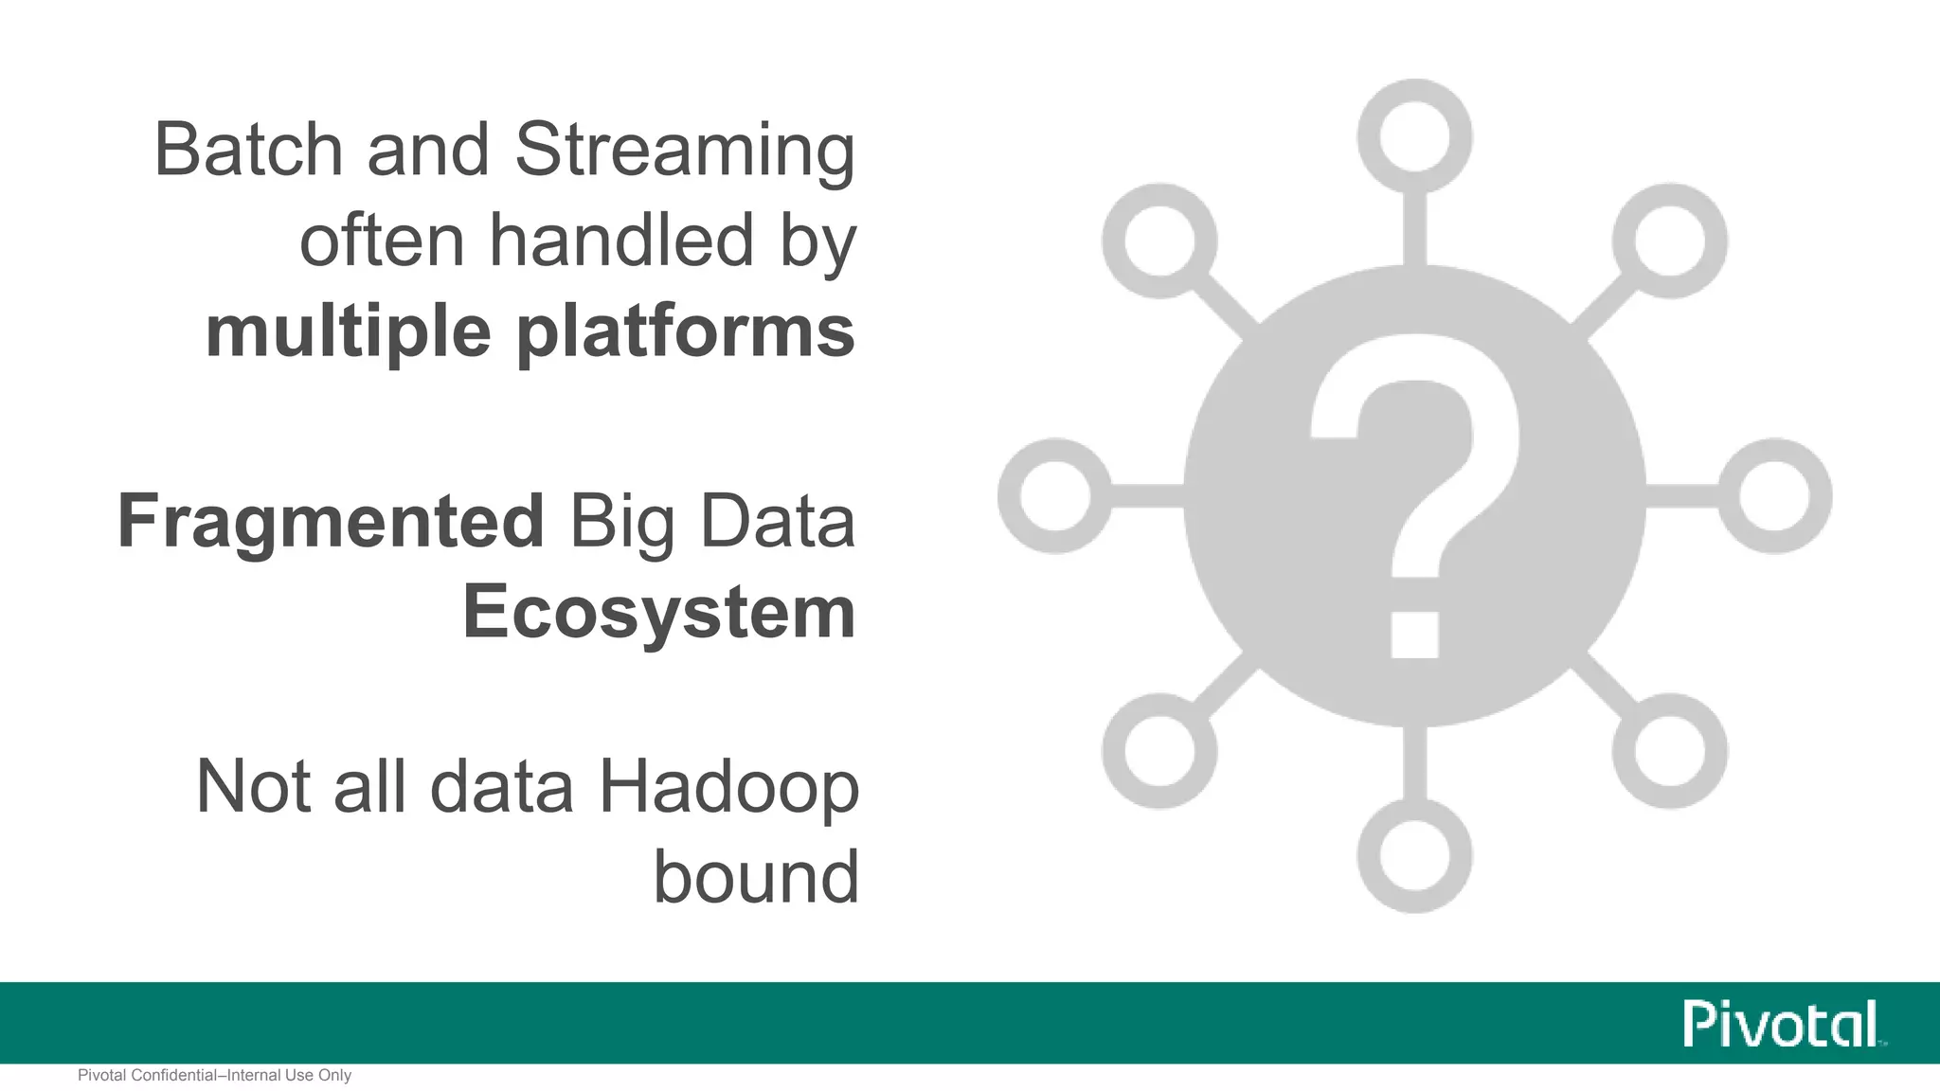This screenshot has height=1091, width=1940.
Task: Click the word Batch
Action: click(247, 150)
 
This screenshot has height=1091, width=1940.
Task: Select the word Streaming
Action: click(685, 152)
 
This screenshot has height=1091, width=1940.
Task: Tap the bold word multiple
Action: click(348, 333)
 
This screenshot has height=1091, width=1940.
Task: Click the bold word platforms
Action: click(686, 333)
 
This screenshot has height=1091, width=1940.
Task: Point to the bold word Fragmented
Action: click(331, 523)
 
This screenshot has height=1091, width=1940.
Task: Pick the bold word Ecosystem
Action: click(659, 613)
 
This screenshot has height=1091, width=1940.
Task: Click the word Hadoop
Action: click(728, 786)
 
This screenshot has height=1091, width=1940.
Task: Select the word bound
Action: click(756, 877)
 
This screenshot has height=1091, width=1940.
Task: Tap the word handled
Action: click(621, 241)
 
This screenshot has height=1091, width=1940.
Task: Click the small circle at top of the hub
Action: click(1414, 135)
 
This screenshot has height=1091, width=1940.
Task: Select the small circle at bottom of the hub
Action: click(1414, 855)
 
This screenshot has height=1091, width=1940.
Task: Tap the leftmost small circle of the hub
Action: click(1054, 495)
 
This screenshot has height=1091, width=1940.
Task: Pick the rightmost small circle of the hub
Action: click(1774, 495)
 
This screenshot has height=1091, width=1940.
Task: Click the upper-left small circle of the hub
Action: click(1159, 241)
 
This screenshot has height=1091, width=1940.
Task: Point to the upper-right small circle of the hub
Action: click(1669, 241)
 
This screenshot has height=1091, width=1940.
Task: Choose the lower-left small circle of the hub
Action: click(1159, 750)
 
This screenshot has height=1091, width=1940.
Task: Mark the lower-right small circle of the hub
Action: click(1669, 750)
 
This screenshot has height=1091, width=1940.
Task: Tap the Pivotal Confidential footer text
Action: click(214, 1076)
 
